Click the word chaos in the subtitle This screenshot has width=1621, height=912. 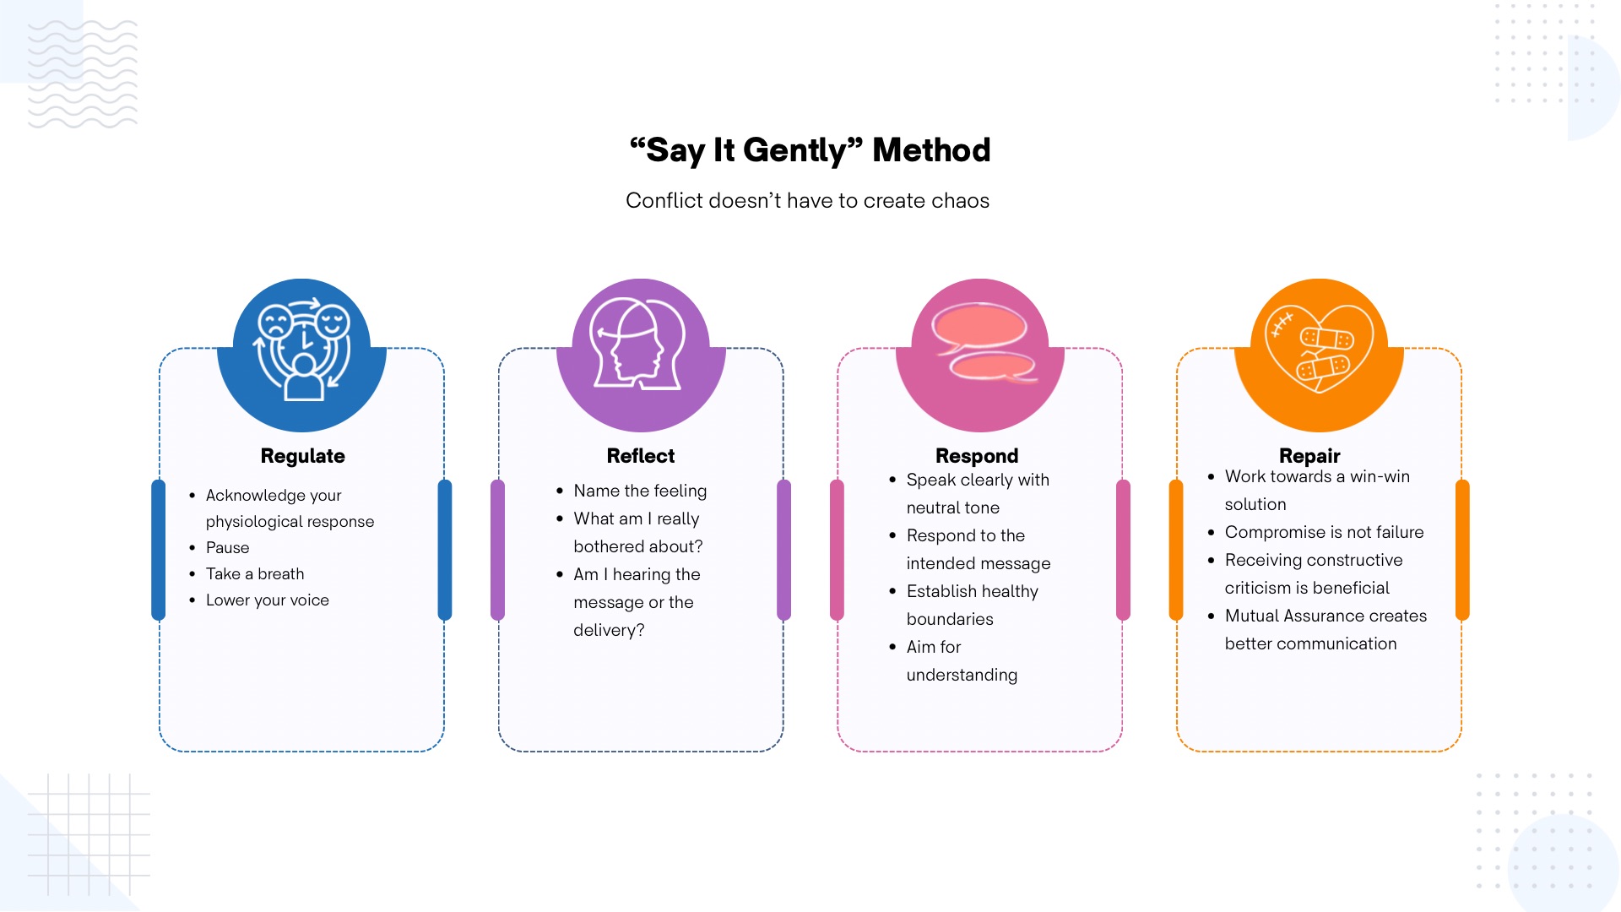(961, 201)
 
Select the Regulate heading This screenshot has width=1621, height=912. (302, 456)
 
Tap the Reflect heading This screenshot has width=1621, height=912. (641, 456)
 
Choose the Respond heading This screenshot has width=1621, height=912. (977, 456)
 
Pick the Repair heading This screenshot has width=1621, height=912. (1309, 456)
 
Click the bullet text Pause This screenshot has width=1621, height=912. (228, 548)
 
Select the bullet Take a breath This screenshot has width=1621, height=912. (255, 574)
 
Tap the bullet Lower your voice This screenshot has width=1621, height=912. (268, 600)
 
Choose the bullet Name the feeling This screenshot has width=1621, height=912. (640, 491)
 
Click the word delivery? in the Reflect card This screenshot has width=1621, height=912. (609, 630)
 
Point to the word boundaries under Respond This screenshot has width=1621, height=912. (950, 619)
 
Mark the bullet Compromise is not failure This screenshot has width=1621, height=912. (1324, 532)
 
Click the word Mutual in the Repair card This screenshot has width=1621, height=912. (1252, 616)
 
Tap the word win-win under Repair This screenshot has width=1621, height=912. (1380, 476)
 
